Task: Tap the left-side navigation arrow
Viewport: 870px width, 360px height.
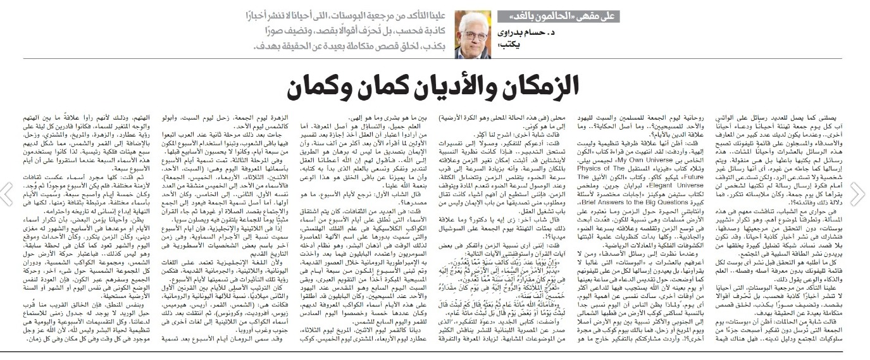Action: click(8, 194)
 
